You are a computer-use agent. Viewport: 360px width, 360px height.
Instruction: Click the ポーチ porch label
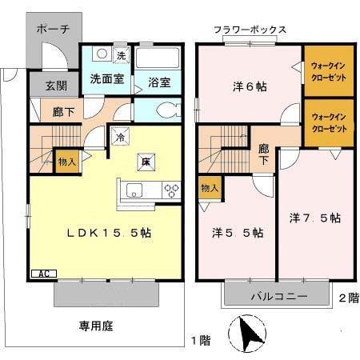[x=54, y=29]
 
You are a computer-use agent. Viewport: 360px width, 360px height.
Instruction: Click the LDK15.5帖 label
[x=110, y=233]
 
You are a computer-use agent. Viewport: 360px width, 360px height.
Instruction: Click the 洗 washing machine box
[x=120, y=56]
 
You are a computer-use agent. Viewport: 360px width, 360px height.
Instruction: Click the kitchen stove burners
[x=171, y=190]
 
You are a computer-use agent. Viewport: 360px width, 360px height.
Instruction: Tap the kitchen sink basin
[x=134, y=190]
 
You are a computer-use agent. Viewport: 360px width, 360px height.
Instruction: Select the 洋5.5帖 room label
[x=238, y=234]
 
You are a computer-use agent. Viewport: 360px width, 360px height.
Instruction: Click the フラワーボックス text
[x=250, y=30]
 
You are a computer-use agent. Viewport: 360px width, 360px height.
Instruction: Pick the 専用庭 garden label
[x=94, y=325]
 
